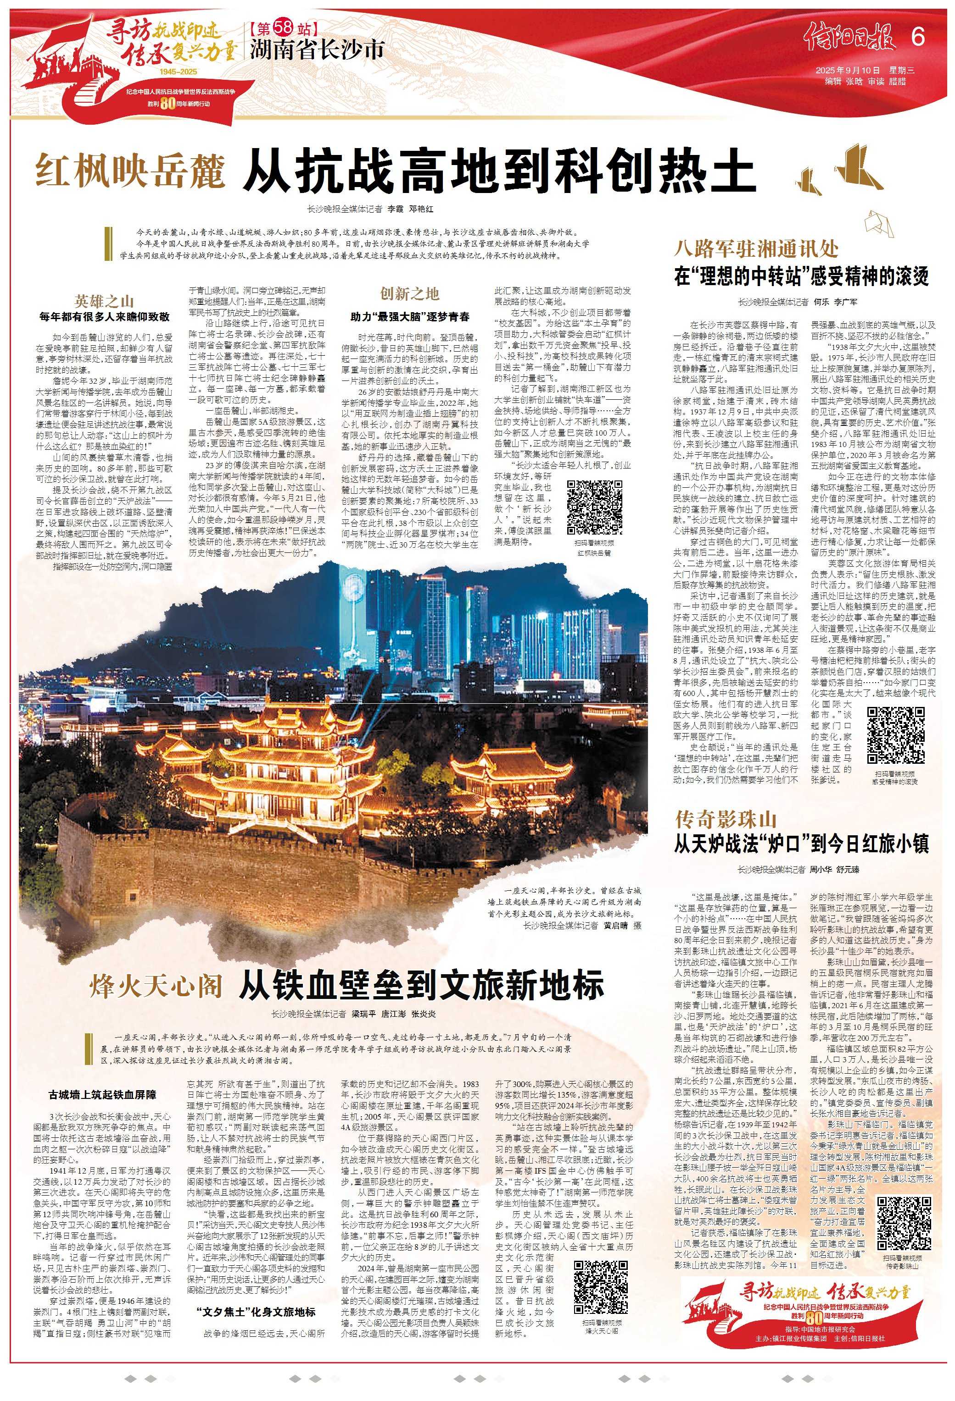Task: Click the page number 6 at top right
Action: point(917,38)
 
